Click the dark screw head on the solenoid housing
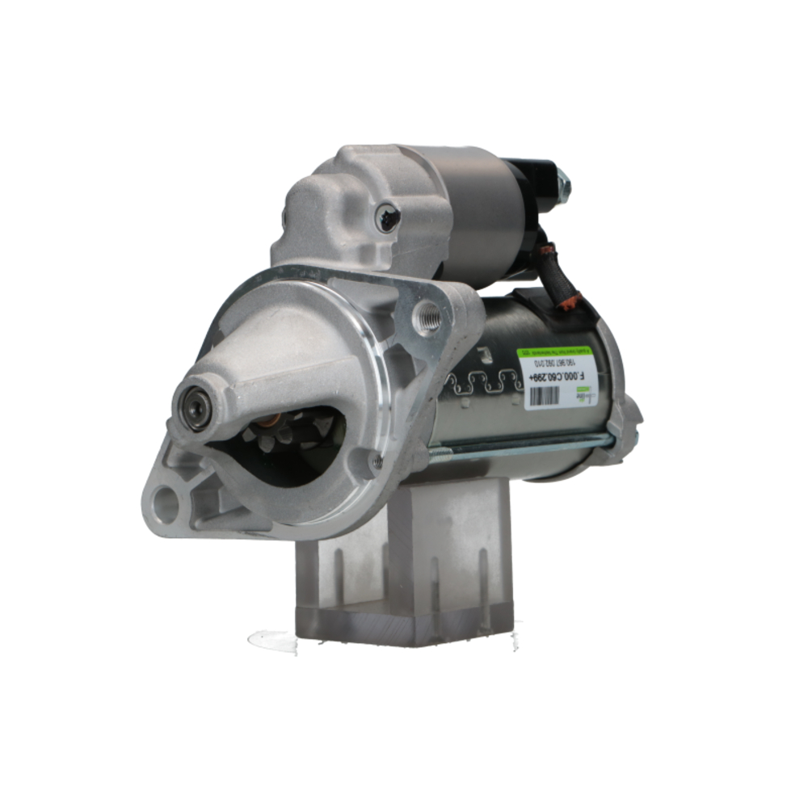click(x=389, y=216)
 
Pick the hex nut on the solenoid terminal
click(x=563, y=187)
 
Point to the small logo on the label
click(x=583, y=394)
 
